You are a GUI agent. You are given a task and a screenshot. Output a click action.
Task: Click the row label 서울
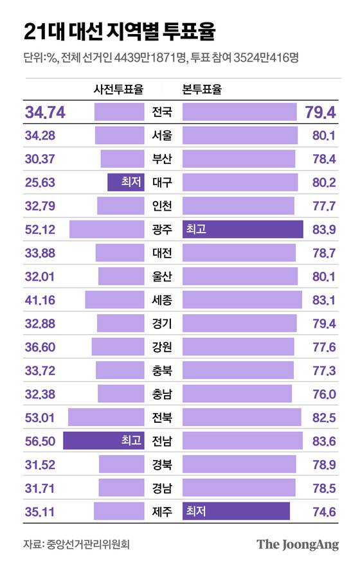[x=163, y=136]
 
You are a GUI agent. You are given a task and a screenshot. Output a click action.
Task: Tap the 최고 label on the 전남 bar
[x=131, y=441]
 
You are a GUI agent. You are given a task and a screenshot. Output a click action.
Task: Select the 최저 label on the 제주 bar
[x=195, y=511]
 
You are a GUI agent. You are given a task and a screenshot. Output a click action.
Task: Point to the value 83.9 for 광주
[x=323, y=229]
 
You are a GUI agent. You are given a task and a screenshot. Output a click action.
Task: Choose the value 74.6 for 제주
[x=323, y=511]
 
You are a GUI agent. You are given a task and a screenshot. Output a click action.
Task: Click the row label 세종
[x=163, y=300]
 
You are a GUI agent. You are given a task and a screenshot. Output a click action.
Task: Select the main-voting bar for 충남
[x=237, y=394]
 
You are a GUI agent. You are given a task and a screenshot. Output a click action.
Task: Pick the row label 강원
[x=163, y=347]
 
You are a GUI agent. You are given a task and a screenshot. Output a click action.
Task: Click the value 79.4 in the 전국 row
[x=321, y=112]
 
